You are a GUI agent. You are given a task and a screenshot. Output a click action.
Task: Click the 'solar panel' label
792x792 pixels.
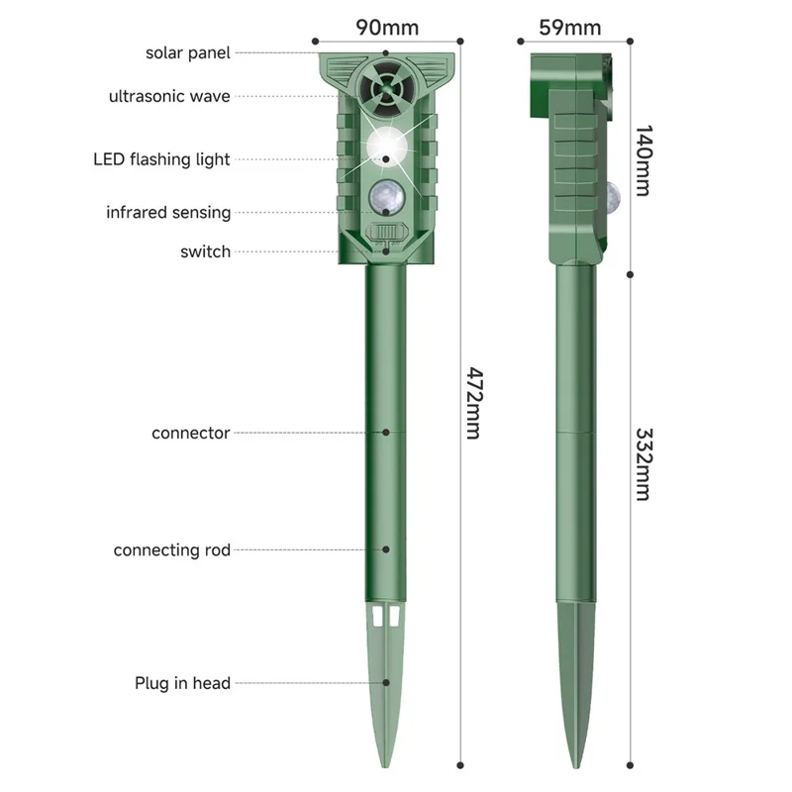click(187, 53)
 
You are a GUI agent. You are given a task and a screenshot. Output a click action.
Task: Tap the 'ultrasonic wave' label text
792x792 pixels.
click(169, 96)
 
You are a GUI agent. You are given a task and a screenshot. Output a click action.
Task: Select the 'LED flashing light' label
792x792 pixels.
click(161, 159)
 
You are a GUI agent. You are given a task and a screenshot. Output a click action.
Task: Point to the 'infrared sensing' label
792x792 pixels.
click(168, 212)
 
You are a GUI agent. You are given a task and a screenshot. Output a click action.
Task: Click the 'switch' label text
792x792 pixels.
click(205, 251)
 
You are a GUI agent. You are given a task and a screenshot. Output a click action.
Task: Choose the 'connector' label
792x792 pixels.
click(190, 433)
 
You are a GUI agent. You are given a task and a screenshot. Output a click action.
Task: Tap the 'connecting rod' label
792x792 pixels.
click(171, 550)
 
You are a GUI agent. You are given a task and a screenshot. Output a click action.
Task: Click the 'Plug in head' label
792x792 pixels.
click(182, 683)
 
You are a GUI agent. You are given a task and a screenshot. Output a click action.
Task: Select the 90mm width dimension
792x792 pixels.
click(387, 28)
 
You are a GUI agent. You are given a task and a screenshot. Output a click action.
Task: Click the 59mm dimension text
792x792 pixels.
click(570, 28)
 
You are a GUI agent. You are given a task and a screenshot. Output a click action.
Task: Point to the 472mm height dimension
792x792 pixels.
click(474, 403)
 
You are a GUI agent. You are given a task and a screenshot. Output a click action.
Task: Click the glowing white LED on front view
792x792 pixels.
click(386, 147)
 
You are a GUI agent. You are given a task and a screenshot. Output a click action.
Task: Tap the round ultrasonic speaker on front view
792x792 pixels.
click(387, 87)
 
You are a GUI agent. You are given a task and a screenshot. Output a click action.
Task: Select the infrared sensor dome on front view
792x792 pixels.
click(386, 198)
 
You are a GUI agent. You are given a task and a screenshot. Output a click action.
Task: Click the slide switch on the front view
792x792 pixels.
click(387, 233)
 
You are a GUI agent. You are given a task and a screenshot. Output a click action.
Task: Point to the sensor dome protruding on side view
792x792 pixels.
click(612, 195)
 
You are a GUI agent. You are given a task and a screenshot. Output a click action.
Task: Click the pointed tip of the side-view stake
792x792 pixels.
click(576, 767)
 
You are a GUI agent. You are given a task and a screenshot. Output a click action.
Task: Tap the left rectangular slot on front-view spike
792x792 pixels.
click(377, 616)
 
